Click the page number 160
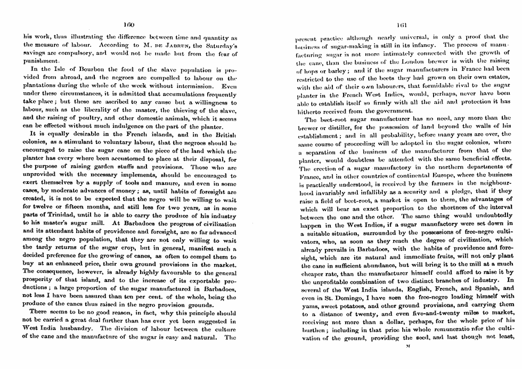click(128, 25)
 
